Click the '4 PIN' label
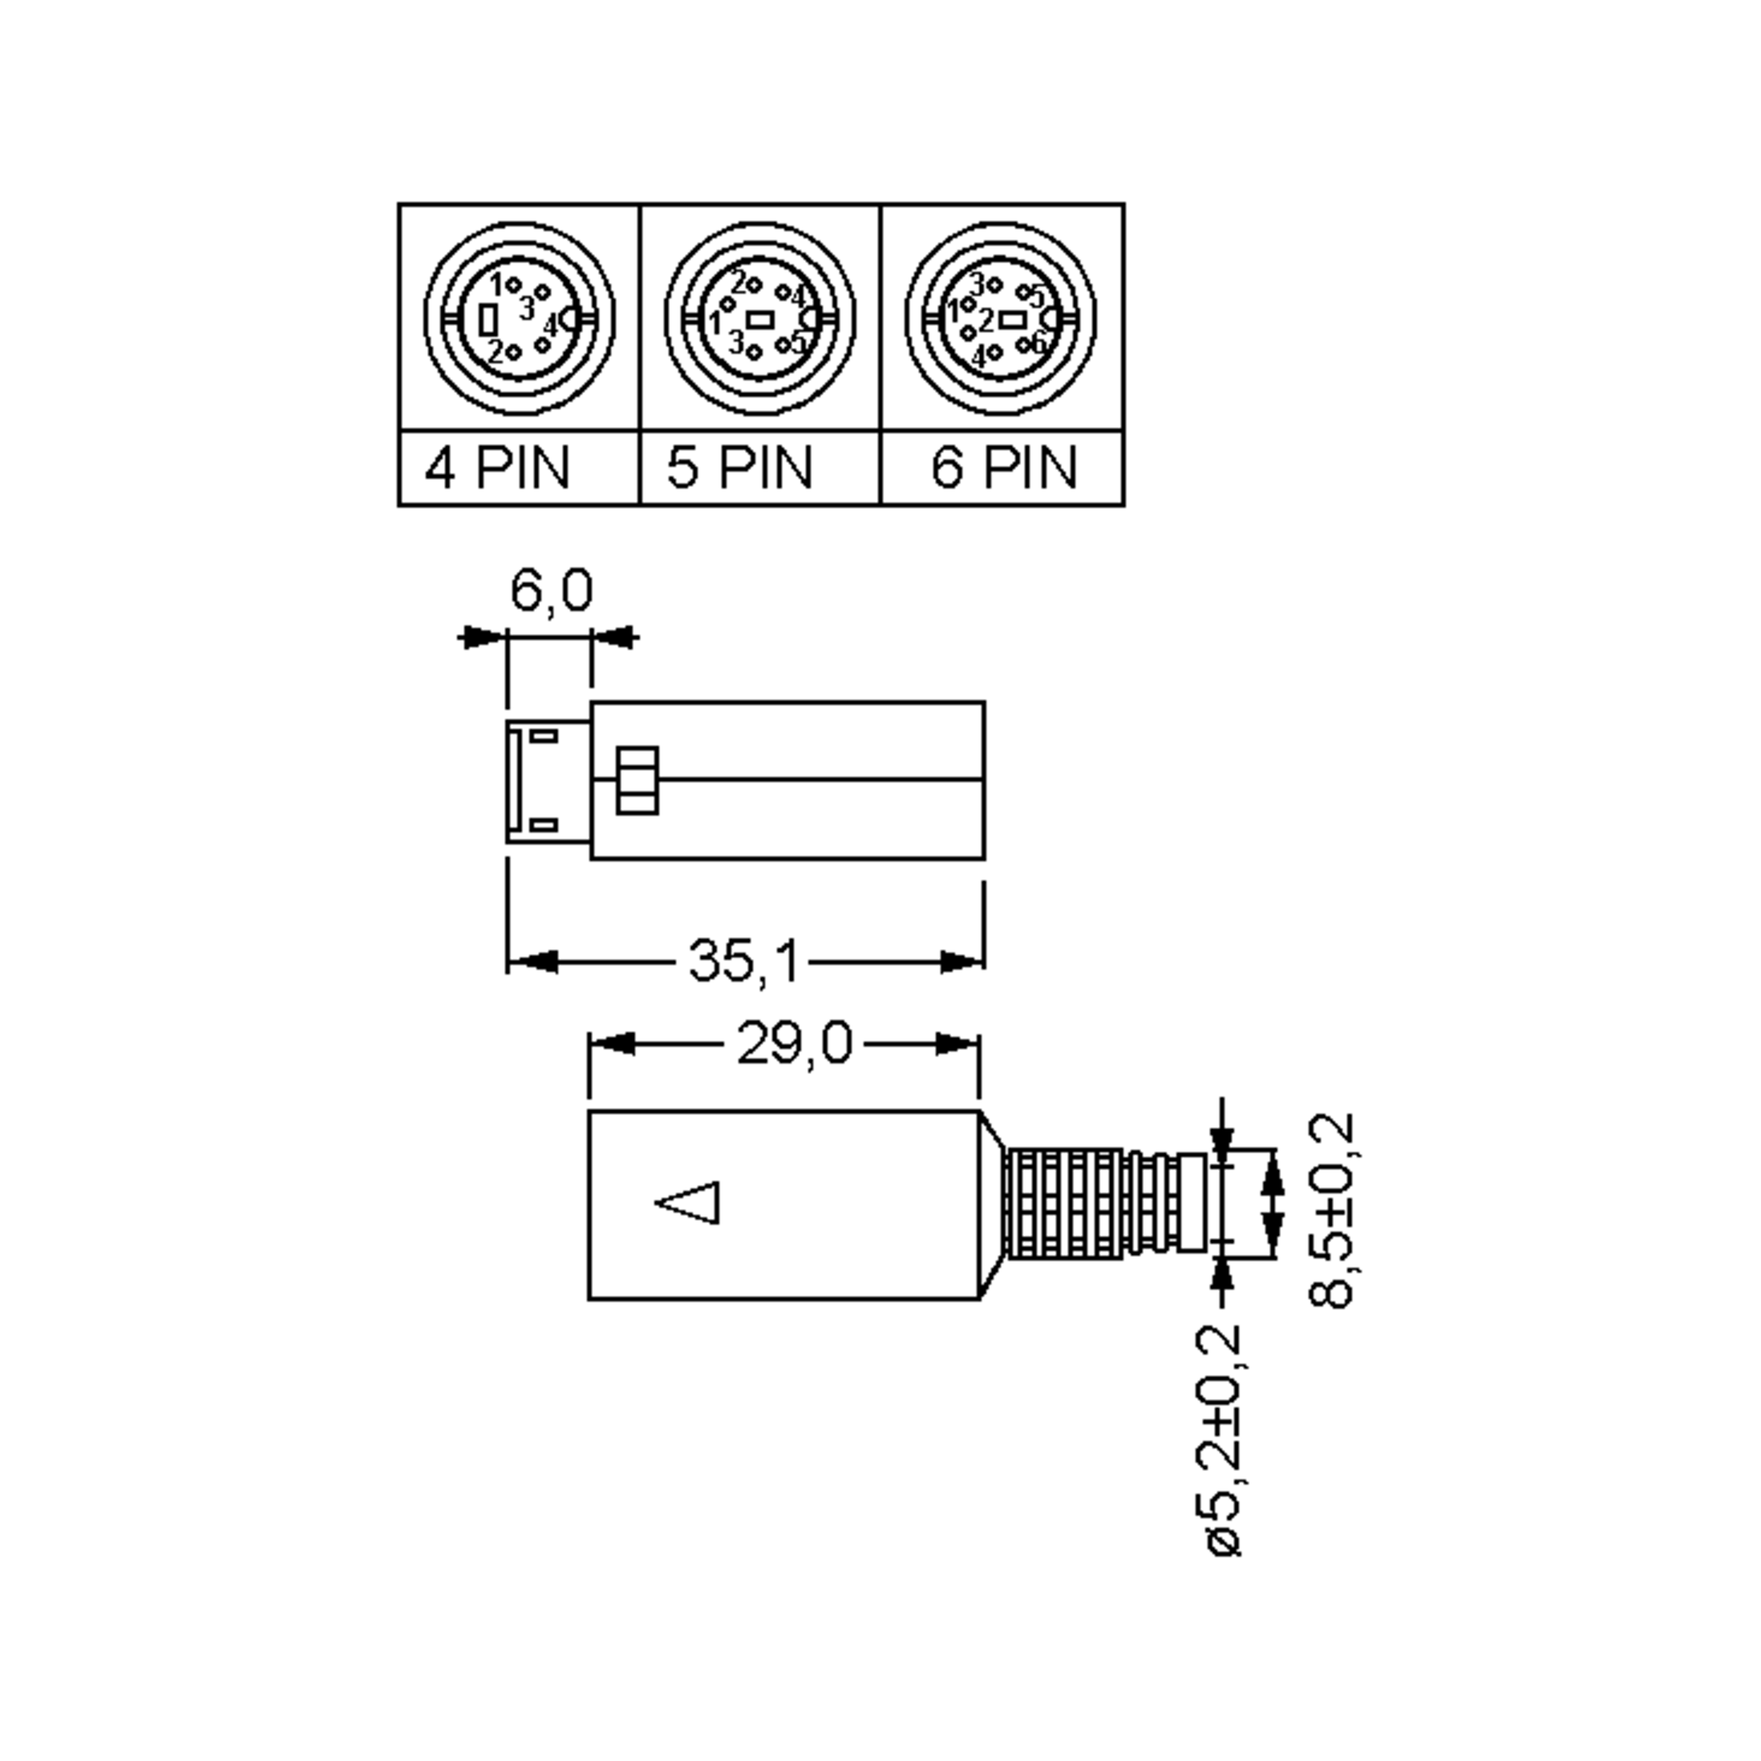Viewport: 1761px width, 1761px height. pyautogui.click(x=497, y=469)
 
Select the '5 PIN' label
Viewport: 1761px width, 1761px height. pyautogui.click(x=739, y=469)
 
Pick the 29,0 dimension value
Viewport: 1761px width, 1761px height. pyautogui.click(x=794, y=1043)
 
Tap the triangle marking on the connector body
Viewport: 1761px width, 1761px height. pyautogui.click(x=689, y=1203)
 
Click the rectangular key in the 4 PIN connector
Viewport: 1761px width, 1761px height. pyautogui.click(x=489, y=320)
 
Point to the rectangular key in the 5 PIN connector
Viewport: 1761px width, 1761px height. pyautogui.click(x=760, y=320)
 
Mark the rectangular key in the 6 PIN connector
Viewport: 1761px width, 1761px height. pyautogui.click(x=1012, y=319)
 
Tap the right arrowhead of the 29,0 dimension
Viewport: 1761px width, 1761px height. pyautogui.click(x=957, y=1043)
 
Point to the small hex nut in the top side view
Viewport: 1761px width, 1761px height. pyautogui.click(x=637, y=780)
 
